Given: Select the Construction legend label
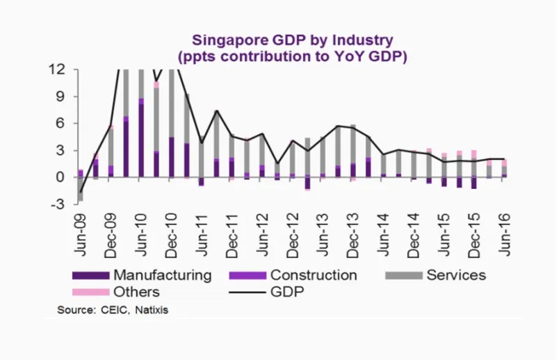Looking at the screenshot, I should pos(313,275).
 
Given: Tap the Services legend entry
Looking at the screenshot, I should pos(455,275).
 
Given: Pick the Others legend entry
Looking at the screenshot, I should pos(137,292).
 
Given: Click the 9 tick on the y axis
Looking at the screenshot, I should pos(62,97).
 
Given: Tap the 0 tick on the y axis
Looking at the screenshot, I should pos(62,177).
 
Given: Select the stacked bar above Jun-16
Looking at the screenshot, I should pos(505,168).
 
